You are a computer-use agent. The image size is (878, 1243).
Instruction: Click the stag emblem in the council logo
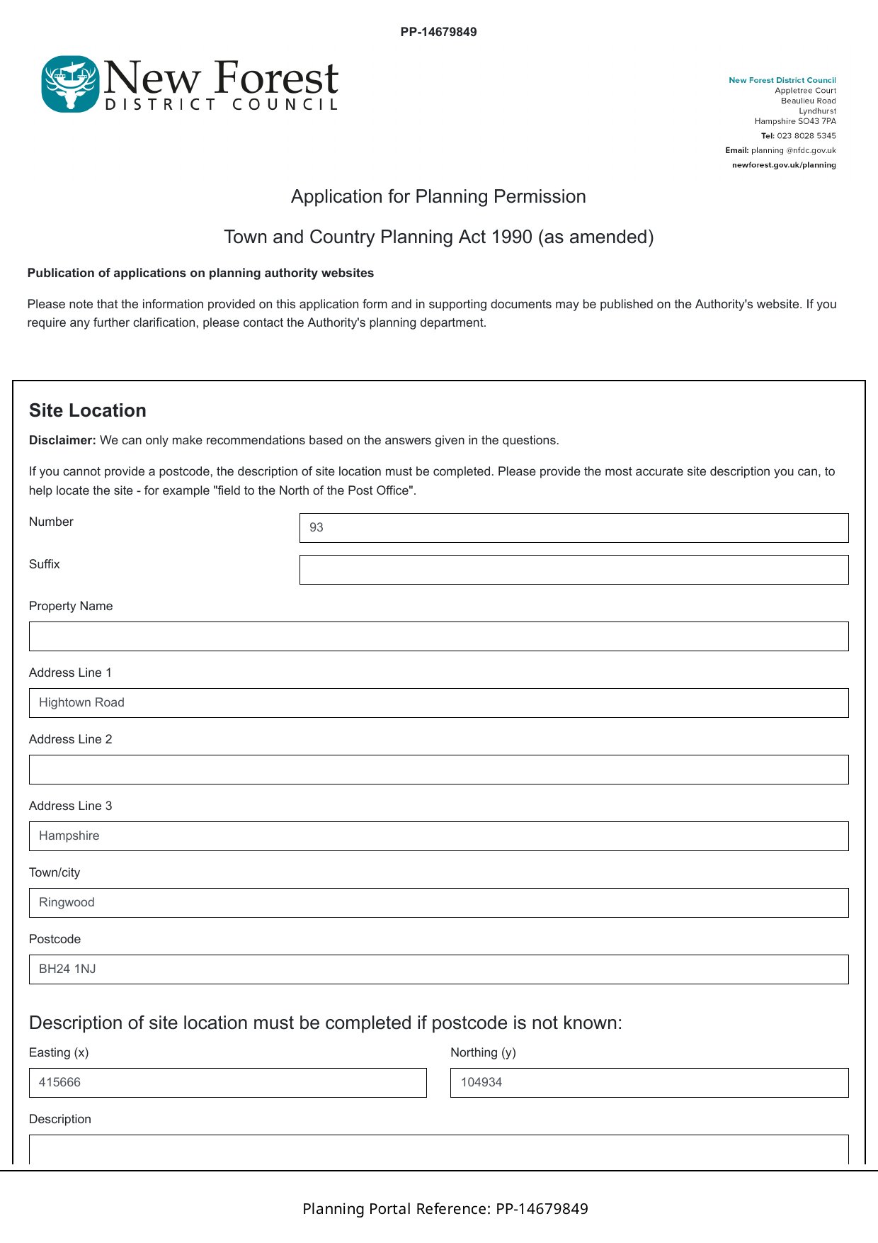(69, 84)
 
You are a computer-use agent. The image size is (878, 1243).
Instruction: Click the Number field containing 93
(574, 528)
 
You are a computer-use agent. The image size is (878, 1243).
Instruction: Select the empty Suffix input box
(574, 570)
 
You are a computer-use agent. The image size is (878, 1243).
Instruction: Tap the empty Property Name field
(438, 636)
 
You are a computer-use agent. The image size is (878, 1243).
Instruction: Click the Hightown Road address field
(438, 703)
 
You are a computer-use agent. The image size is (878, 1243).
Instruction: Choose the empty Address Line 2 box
(438, 770)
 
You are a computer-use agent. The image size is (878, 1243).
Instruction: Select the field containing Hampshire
(438, 836)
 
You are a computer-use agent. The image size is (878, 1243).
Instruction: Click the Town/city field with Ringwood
(438, 903)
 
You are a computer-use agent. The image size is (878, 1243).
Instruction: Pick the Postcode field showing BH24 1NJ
(438, 969)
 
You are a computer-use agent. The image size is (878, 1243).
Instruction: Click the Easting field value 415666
(227, 1083)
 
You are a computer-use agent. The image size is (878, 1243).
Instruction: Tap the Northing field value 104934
(649, 1083)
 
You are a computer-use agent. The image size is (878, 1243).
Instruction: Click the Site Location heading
(88, 411)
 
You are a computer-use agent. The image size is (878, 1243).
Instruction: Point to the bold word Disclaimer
(62, 440)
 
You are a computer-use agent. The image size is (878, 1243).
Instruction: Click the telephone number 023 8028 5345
(806, 136)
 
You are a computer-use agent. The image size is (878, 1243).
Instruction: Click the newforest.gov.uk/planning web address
(784, 165)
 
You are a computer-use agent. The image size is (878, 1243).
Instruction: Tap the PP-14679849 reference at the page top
(438, 32)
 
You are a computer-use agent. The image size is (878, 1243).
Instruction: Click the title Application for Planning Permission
(438, 196)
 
